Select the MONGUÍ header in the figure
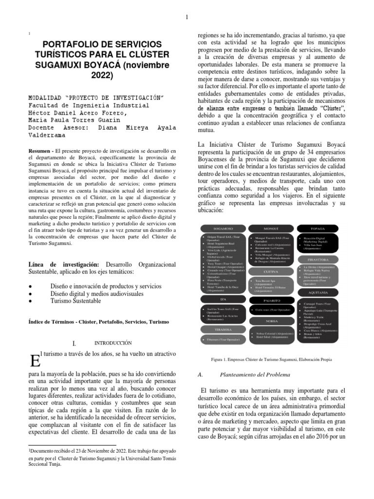270,228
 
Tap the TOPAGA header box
318,228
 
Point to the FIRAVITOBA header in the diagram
318,260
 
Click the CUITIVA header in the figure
270,271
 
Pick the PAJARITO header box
270,300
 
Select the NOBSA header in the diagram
270,322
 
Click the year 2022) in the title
101,76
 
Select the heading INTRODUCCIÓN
113,343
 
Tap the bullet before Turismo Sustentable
31,302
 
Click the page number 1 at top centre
187,18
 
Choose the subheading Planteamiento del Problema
255,375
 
